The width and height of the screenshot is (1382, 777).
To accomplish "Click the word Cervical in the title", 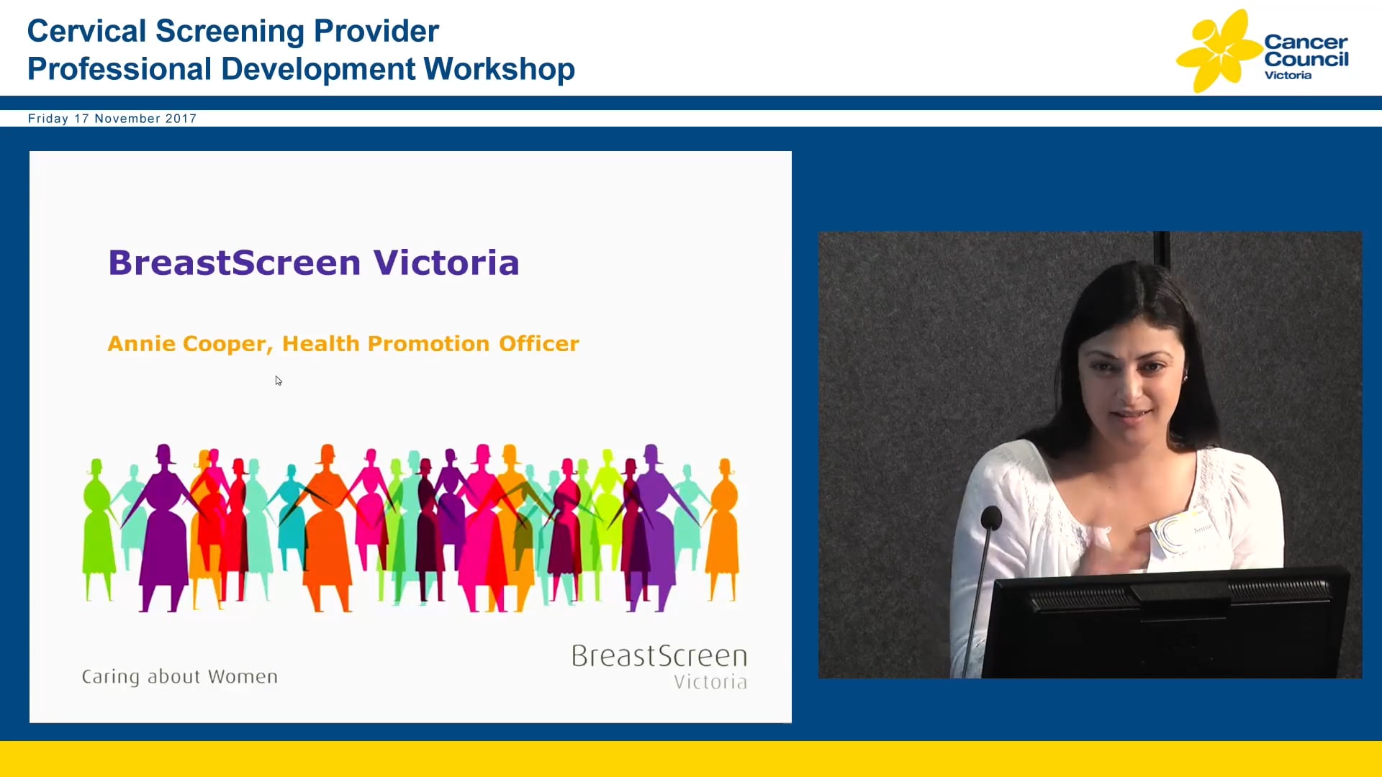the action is click(86, 31).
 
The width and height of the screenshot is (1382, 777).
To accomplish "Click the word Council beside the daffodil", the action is click(1306, 59).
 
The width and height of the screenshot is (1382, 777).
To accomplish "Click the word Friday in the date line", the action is click(48, 119).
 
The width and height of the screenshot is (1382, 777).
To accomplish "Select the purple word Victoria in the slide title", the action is click(446, 263).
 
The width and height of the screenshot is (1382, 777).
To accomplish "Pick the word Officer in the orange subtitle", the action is click(539, 344).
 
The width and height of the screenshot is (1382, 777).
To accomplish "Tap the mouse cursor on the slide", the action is click(278, 381).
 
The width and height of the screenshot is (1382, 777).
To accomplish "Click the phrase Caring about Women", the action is click(179, 677).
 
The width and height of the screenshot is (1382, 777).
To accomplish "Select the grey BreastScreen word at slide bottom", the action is click(659, 656).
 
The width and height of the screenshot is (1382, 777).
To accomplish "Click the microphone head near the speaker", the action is click(991, 517).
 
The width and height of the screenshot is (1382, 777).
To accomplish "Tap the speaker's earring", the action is click(1185, 376).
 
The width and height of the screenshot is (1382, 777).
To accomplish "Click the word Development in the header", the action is click(318, 70).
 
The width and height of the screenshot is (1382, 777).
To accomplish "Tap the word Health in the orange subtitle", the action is click(321, 344).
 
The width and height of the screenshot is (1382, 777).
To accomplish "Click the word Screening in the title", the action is click(230, 32).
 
